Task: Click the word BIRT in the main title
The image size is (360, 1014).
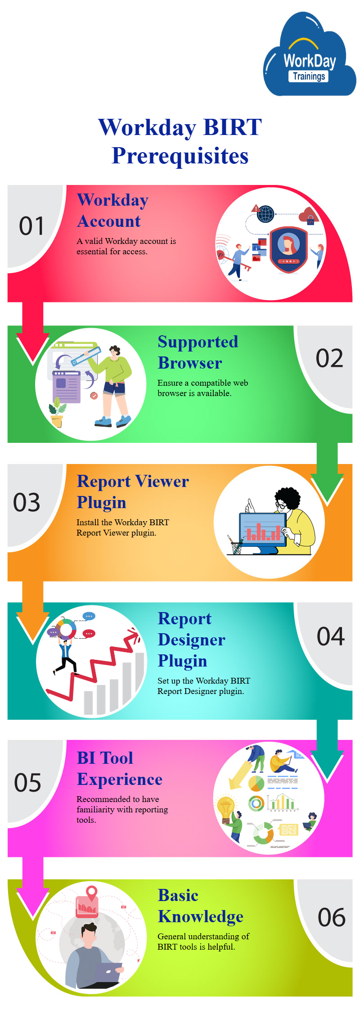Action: (x=233, y=127)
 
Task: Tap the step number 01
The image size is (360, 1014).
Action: (x=31, y=226)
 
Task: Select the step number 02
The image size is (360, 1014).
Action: (x=329, y=358)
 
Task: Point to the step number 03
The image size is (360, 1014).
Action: (x=27, y=502)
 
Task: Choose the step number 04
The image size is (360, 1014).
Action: (x=331, y=636)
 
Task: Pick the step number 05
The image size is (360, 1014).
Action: (x=27, y=783)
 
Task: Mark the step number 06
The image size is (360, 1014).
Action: (x=332, y=917)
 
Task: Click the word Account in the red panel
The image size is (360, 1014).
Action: (x=109, y=221)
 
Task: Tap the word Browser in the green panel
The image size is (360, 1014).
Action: (x=190, y=363)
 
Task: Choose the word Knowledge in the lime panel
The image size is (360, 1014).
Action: (x=201, y=917)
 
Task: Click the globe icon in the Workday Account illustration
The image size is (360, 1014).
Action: (x=265, y=214)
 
